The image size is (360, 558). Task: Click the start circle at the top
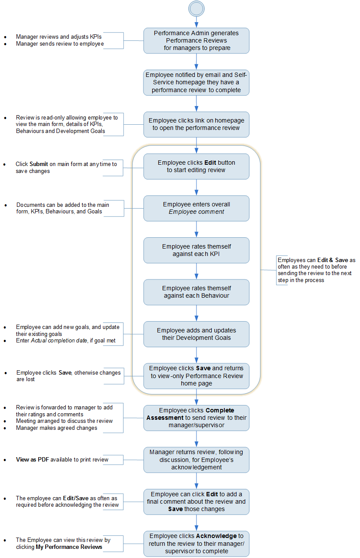click(196, 9)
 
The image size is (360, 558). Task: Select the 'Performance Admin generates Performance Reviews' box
click(196, 40)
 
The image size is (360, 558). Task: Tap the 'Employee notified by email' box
click(196, 83)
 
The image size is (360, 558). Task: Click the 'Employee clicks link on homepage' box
click(196, 124)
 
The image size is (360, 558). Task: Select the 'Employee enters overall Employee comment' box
click(196, 208)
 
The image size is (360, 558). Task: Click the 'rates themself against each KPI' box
click(196, 250)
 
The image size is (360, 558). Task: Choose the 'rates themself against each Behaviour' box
click(196, 292)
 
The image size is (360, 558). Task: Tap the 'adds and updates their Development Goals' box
click(196, 334)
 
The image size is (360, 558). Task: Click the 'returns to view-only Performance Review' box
click(196, 376)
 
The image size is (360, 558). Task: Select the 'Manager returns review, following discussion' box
click(196, 460)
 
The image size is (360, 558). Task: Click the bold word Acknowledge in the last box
click(216, 536)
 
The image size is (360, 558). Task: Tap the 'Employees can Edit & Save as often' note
click(316, 270)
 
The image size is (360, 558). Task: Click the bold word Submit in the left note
click(38, 164)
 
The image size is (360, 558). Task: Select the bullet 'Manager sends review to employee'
click(60, 44)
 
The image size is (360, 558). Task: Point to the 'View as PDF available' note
click(62, 460)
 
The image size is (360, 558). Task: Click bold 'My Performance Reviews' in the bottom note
click(69, 547)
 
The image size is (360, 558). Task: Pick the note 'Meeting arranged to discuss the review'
click(64, 421)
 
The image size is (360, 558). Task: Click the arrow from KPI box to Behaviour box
click(196, 271)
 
